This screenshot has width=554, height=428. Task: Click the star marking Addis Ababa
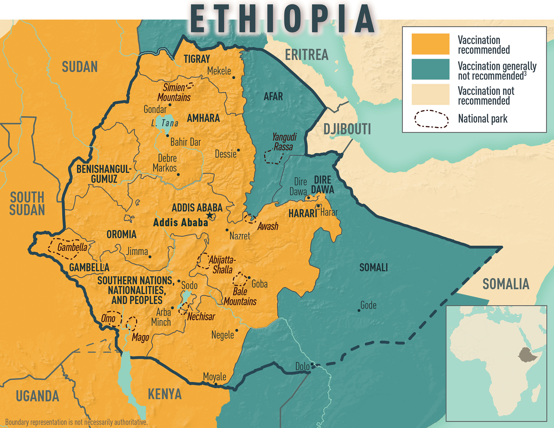point(210,216)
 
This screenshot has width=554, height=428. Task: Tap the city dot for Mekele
point(234,78)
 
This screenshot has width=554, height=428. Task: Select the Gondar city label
point(155,109)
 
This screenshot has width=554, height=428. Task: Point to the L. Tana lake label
point(165,123)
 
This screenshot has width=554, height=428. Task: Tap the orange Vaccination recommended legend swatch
point(430,44)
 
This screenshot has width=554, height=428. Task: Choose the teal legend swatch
point(430,69)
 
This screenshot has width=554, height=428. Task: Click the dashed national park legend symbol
point(431,119)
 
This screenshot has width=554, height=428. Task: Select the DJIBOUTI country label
point(347,129)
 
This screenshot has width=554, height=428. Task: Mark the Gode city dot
point(359,311)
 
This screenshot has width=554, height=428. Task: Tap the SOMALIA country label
point(506,284)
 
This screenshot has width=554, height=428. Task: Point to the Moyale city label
point(215,377)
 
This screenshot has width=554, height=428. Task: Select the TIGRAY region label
point(197,59)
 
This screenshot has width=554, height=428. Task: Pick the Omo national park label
point(108,318)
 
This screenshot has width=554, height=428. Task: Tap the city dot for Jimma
point(150,257)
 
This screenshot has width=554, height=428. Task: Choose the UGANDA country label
point(37,396)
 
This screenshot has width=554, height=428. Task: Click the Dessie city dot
point(238,150)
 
